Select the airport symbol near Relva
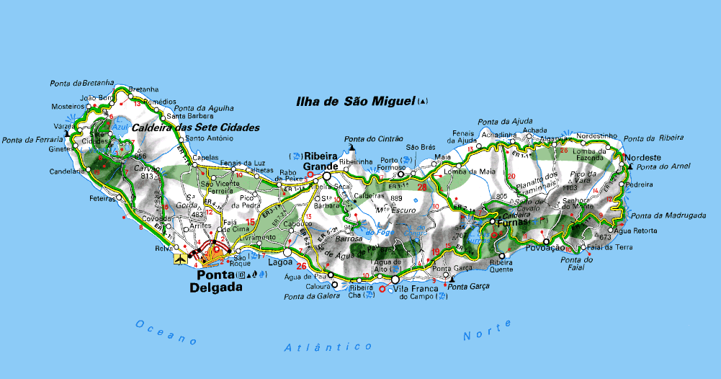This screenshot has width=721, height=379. (x=179, y=257)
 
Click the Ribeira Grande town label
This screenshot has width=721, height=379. (x=321, y=161)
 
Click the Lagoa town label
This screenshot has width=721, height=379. (x=279, y=263)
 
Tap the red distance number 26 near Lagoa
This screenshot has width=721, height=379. (x=301, y=266)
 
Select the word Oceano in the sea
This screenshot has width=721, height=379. (x=165, y=331)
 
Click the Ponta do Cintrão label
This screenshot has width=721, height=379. (x=373, y=138)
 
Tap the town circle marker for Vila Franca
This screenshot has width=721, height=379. (x=395, y=279)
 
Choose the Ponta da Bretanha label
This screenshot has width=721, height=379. (x=82, y=83)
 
